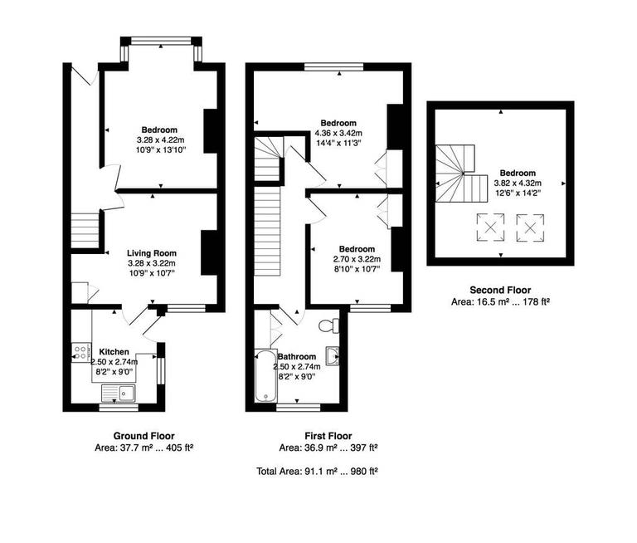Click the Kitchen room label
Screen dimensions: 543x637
tap(114, 351)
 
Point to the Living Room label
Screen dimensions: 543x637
tap(151, 253)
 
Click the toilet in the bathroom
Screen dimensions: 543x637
tap(335, 323)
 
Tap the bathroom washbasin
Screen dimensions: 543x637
tap(333, 356)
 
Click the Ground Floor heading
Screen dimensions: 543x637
tap(143, 436)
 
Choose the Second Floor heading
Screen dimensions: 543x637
tap(499, 290)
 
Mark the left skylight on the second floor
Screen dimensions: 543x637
tap(489, 226)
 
